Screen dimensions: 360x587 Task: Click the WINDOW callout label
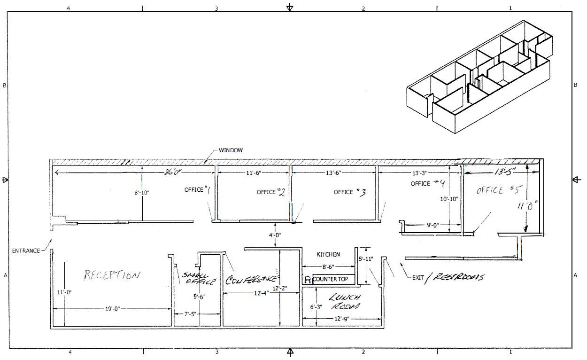pos(231,150)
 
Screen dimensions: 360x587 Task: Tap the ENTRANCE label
pos(26,251)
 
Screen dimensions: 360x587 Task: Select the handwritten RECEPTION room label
pos(111,275)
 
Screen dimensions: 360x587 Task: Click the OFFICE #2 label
pos(271,192)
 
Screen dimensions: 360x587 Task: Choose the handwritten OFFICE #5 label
pos(500,190)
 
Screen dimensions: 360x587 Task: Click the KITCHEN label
pos(328,254)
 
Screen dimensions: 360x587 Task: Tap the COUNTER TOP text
pos(330,279)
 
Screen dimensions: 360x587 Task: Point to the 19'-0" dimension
pos(112,309)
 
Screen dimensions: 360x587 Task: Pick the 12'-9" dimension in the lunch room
pos(341,319)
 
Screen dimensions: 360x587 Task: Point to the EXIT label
pos(418,277)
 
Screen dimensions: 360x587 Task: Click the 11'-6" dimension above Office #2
pos(254,173)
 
